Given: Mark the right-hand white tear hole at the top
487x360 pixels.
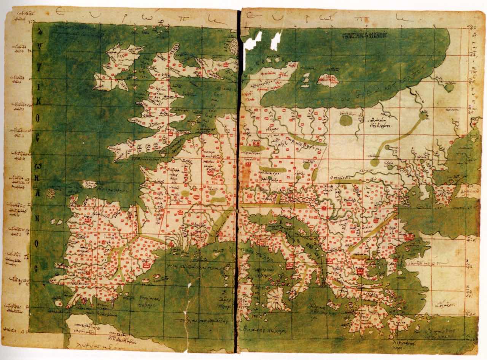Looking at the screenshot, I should pyautogui.click(x=276, y=41).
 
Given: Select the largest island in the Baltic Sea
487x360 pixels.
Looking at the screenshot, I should pyautogui.click(x=328, y=80).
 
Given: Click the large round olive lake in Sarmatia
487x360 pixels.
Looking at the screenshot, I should pyautogui.click(x=345, y=121).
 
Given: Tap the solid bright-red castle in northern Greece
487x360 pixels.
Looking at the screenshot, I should pyautogui.click(x=360, y=271).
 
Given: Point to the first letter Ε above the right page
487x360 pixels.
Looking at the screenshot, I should pyautogui.click(x=252, y=15).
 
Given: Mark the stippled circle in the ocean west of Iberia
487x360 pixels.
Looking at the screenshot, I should pyautogui.click(x=51, y=193).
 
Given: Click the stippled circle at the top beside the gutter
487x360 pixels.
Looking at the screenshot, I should pyautogui.click(x=233, y=46).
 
